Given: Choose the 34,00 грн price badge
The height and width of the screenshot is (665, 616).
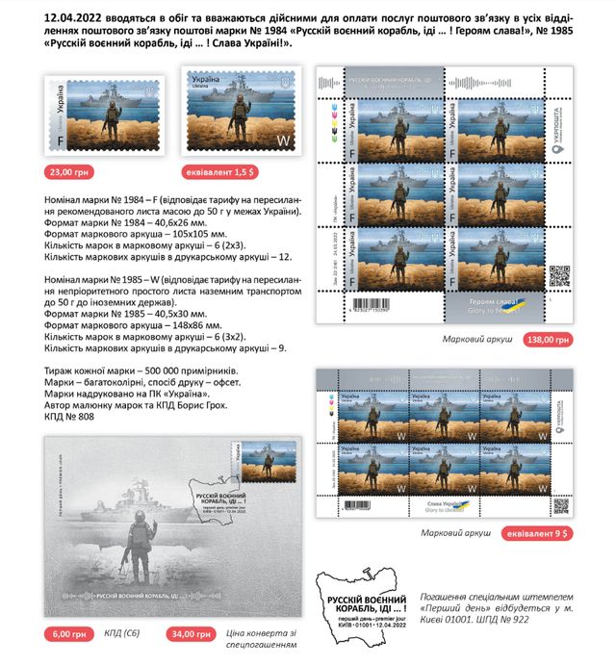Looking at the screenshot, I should (x=189, y=635).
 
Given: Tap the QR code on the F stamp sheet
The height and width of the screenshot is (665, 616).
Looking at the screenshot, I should (x=559, y=274).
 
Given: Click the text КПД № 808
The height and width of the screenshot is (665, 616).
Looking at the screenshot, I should (x=71, y=419).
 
